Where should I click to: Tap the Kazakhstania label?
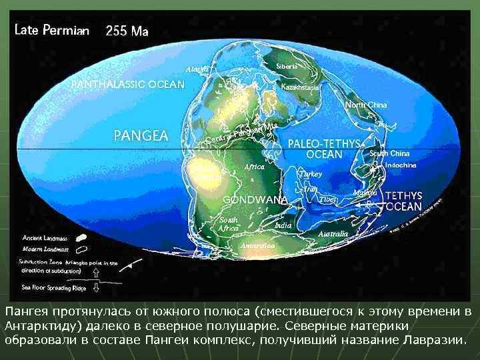point(301,87)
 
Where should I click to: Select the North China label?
point(367,105)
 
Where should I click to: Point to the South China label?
point(389,153)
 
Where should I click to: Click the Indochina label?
point(400,165)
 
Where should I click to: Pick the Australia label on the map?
point(333,234)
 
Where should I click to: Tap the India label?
point(283,225)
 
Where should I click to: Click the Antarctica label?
point(257,245)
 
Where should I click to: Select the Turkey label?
point(311,173)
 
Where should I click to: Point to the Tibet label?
point(327,199)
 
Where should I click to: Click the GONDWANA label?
point(255,199)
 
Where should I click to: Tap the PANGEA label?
point(141,135)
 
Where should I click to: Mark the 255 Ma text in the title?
point(127,31)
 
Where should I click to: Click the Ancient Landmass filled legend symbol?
point(81,237)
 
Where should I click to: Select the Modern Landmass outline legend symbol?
point(81,249)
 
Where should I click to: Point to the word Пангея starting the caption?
point(26,311)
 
